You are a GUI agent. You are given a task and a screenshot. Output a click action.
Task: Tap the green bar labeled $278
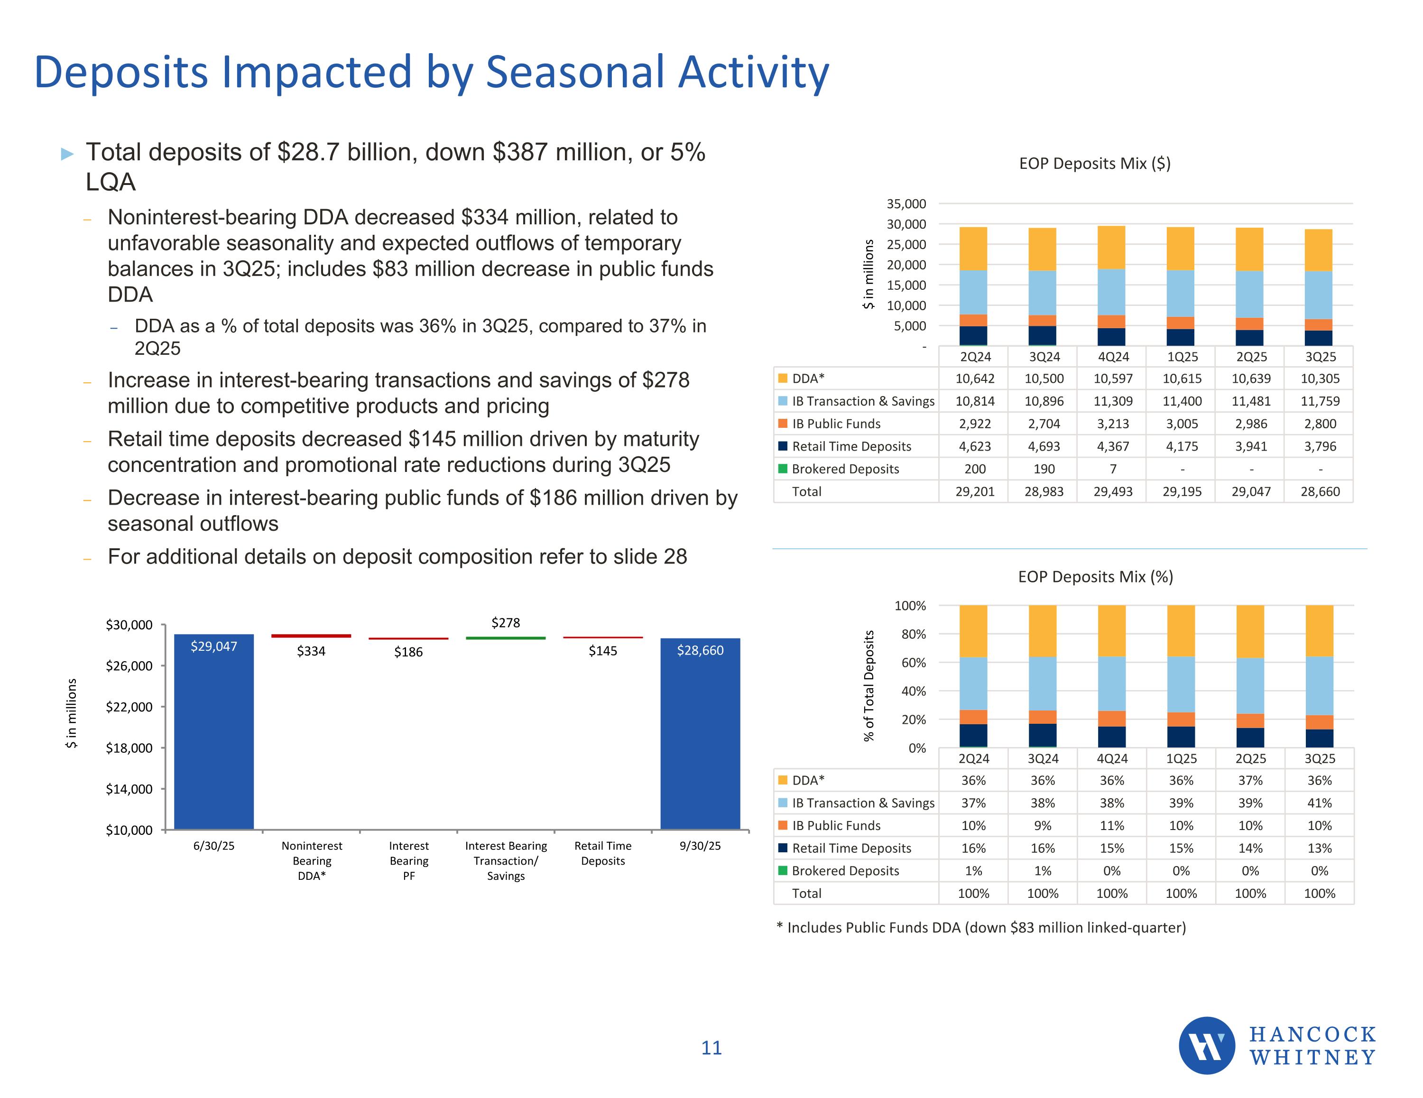click(x=506, y=638)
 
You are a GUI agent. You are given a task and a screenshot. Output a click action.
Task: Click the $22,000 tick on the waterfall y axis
click(x=129, y=707)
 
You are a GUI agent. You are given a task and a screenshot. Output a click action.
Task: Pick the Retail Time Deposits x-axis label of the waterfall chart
click(x=603, y=853)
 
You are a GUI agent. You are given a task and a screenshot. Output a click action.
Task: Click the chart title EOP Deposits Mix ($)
click(x=1095, y=164)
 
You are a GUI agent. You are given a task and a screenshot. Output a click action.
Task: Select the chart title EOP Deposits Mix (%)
click(x=1095, y=577)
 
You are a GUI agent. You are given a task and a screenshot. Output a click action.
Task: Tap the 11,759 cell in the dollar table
click(x=1320, y=401)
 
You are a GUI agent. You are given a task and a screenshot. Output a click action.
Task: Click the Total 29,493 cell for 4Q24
click(x=1113, y=492)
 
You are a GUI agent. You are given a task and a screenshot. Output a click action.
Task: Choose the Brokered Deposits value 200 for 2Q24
click(x=975, y=469)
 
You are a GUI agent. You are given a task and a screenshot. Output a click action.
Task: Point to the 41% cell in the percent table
click(x=1320, y=803)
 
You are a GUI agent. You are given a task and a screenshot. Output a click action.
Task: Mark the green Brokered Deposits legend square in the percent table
click(x=783, y=871)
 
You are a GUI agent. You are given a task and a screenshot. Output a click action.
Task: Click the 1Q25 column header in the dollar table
click(x=1182, y=357)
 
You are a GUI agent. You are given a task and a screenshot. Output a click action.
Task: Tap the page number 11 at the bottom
click(x=711, y=1048)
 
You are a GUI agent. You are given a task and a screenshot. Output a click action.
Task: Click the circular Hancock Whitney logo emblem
click(x=1207, y=1045)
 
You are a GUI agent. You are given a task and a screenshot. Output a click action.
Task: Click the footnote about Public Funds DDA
click(x=981, y=927)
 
